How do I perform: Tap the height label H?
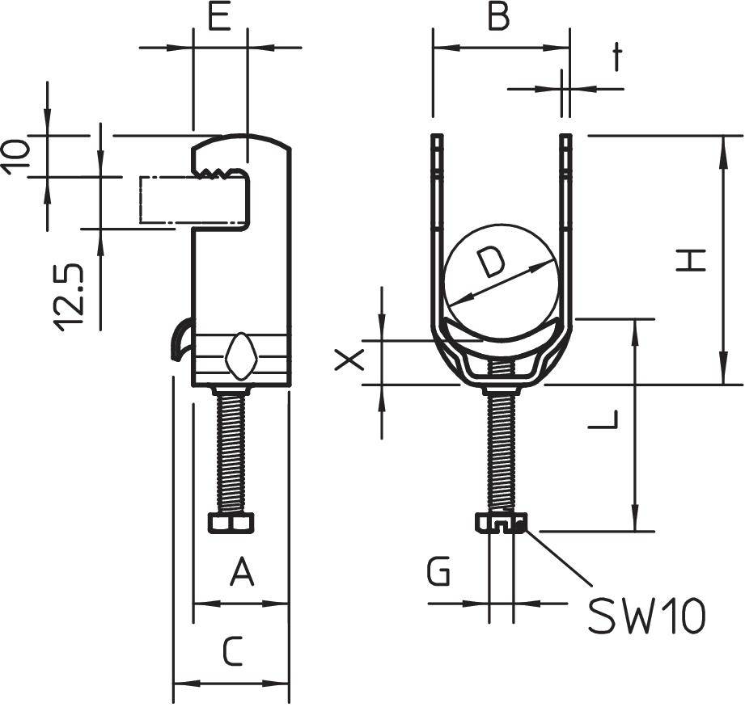coord(692,260)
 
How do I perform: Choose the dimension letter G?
coord(438,574)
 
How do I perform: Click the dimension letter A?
coord(242,574)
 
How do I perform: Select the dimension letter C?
coord(232,651)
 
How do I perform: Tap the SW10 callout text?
coord(646,617)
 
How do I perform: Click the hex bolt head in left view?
coord(231,523)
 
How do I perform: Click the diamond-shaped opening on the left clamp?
coord(241,356)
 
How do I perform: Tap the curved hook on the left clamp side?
coord(181,339)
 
